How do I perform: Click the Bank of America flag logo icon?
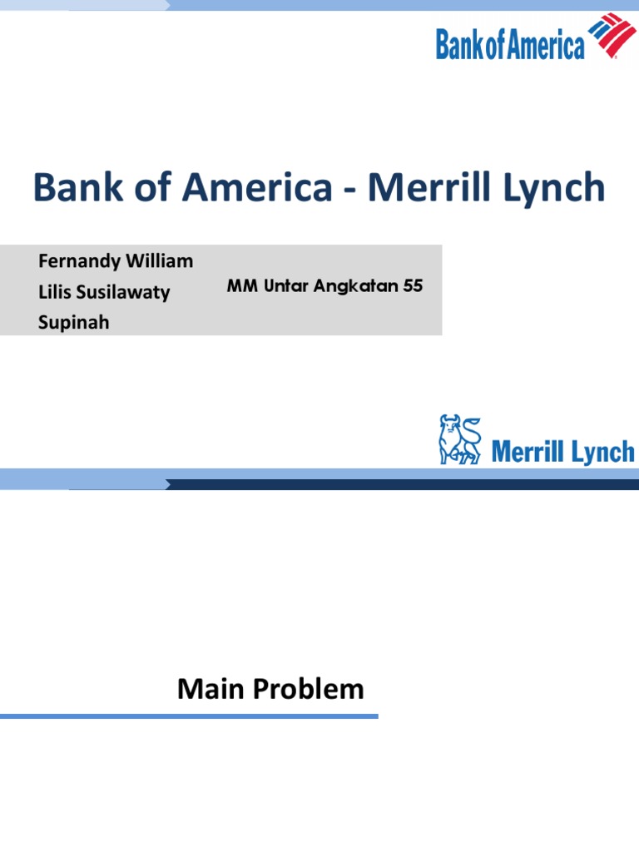pyautogui.click(x=612, y=37)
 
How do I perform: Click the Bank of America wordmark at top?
pyautogui.click(x=510, y=44)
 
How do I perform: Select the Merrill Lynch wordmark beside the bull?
pyautogui.click(x=562, y=452)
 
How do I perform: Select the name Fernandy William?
pyautogui.click(x=116, y=261)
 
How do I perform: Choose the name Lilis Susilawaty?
pyautogui.click(x=104, y=292)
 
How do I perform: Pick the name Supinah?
pyautogui.click(x=73, y=322)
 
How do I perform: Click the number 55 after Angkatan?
pyautogui.click(x=414, y=287)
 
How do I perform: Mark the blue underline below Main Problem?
pyautogui.click(x=189, y=716)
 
